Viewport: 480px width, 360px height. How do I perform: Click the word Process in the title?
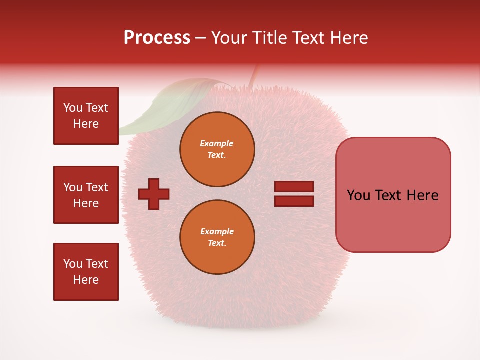[157, 38]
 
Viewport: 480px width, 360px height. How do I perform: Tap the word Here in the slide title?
[348, 38]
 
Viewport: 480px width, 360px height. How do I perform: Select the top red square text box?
[86, 116]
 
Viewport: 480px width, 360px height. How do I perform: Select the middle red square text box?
[86, 195]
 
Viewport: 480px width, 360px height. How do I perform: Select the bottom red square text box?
[86, 272]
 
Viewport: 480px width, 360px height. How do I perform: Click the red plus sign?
[154, 194]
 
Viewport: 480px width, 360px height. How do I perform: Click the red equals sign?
[294, 194]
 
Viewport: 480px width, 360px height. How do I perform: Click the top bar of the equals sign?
[294, 186]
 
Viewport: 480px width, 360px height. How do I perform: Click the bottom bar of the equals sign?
[294, 201]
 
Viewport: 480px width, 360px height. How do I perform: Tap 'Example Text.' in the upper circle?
[217, 149]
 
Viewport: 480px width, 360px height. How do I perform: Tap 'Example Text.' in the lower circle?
[217, 237]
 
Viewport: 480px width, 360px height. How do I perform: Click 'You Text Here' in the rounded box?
[393, 195]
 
